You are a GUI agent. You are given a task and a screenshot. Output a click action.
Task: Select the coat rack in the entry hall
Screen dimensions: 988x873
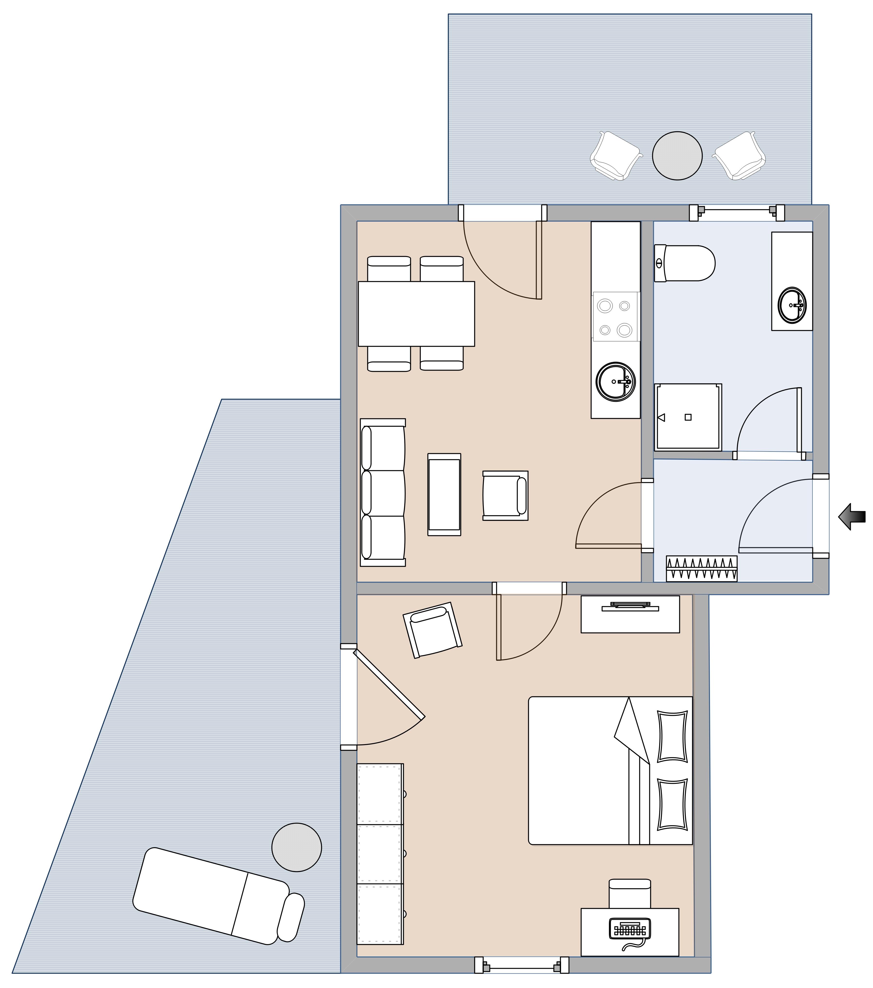point(701,568)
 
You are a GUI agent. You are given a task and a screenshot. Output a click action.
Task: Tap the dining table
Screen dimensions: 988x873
point(416,314)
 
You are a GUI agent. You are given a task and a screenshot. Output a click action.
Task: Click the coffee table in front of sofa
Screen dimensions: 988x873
point(444,494)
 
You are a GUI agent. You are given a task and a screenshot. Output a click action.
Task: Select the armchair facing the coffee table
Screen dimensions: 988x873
point(505,495)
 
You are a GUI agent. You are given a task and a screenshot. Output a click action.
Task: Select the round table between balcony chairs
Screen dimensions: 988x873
point(677,156)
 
